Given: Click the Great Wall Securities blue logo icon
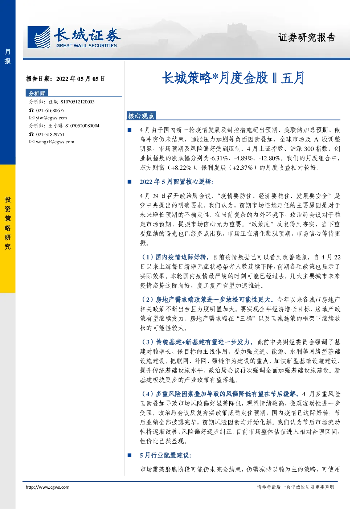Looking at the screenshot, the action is [x=38, y=37].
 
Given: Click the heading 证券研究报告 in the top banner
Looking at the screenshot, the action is [x=307, y=37].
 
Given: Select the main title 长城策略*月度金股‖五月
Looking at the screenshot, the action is [x=233, y=78].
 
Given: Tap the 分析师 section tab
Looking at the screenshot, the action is [x=37, y=93].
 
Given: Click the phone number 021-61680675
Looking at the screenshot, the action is [x=50, y=110].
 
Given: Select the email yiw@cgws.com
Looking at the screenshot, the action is [x=52, y=118].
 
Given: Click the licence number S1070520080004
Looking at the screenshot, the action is [x=82, y=126].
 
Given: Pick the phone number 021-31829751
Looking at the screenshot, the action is [x=50, y=134].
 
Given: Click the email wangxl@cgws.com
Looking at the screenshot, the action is [x=55, y=142].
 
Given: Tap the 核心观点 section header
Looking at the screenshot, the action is [x=141, y=116].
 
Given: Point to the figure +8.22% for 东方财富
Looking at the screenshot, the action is [x=181, y=168].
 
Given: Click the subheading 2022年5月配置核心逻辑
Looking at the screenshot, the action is [x=177, y=181].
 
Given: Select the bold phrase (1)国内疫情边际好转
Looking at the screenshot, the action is [x=174, y=257].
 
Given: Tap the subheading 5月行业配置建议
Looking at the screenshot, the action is [x=165, y=455].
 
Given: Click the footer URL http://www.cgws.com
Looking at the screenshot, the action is [x=48, y=487].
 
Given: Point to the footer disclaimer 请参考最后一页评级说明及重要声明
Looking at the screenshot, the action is [x=295, y=487].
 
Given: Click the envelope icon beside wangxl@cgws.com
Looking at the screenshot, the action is [x=32, y=141].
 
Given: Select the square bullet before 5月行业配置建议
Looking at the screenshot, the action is [x=130, y=455].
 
